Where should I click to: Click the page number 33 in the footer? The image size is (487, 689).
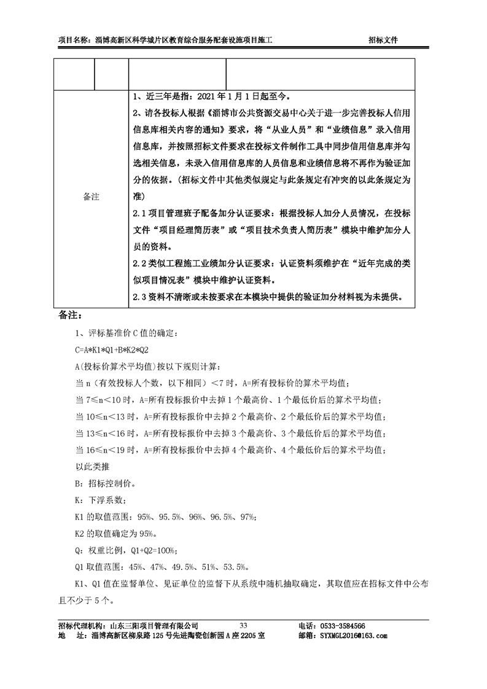point(243,625)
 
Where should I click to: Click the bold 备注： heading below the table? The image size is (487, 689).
point(70,315)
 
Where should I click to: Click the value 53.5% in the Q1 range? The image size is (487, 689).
point(236,567)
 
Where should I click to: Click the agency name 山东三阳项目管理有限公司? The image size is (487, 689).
point(154,625)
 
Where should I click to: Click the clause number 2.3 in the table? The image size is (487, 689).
point(139,297)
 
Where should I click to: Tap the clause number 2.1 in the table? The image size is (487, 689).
point(139,213)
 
